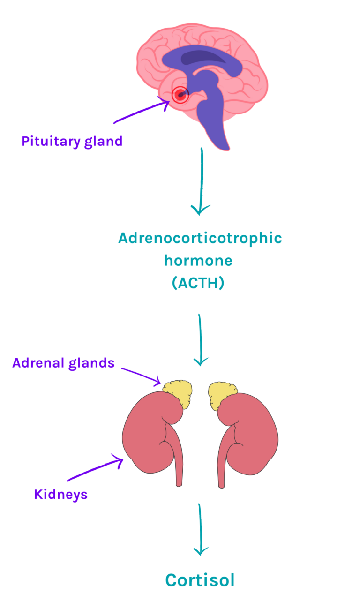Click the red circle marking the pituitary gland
point(180,95)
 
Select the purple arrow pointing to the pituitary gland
point(141,113)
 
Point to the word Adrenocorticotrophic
point(200,238)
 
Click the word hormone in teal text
point(198,261)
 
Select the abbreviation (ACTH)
point(198,283)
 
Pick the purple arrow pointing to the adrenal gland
point(141,374)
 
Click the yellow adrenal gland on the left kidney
point(178,391)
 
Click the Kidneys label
point(61,494)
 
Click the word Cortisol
point(200,580)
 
